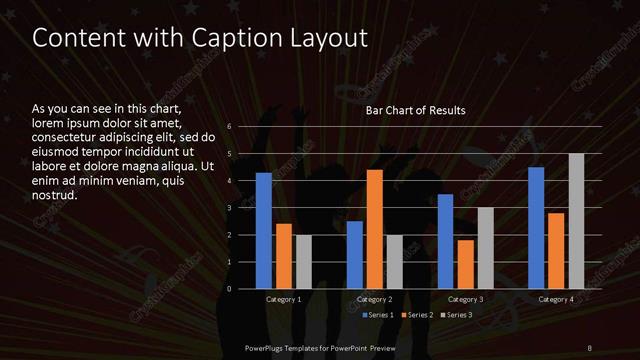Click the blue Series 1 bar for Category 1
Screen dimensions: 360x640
[264, 230]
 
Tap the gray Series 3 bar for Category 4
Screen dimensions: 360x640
[576, 221]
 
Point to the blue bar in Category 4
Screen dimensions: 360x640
[536, 227]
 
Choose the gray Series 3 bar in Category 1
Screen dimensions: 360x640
[304, 261]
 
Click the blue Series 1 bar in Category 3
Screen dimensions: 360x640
[446, 241]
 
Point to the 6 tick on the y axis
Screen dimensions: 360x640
[230, 127]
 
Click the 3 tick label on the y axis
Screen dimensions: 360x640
[230, 208]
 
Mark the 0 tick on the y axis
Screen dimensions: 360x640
[230, 289]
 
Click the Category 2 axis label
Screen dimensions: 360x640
[375, 299]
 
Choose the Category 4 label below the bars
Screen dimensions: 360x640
[556, 299]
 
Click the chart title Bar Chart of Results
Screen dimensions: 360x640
[416, 110]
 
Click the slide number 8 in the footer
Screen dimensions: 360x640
[591, 347]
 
